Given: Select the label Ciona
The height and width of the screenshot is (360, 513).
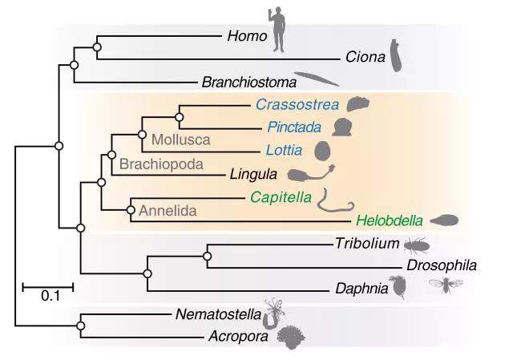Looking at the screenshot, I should pyautogui.click(x=364, y=58).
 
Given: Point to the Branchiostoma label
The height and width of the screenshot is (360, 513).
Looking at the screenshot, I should pyautogui.click(x=248, y=81).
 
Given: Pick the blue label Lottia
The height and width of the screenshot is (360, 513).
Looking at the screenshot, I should pyautogui.click(x=285, y=149).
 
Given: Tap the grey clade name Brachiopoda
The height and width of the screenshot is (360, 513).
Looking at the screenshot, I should pyautogui.click(x=160, y=164).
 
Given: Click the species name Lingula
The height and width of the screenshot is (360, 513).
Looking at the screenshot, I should pyautogui.click(x=252, y=172).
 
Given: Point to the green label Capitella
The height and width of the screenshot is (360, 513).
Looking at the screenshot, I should pyautogui.click(x=280, y=195).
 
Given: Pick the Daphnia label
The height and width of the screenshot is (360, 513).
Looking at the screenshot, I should pyautogui.click(x=355, y=289).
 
